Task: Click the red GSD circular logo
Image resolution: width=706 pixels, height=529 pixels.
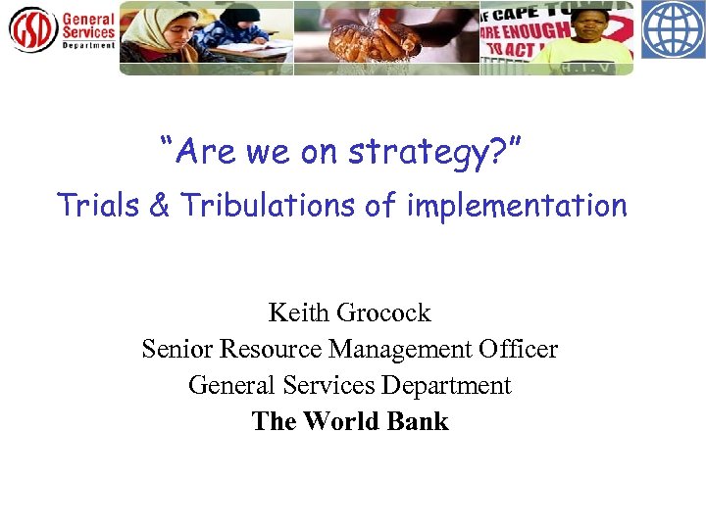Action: [31, 29]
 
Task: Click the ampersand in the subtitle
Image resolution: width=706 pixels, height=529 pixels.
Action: [156, 206]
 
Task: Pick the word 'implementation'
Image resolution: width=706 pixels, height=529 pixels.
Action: [515, 206]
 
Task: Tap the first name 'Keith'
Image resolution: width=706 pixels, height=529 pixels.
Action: [299, 313]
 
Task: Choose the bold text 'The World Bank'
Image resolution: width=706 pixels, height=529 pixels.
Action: [350, 421]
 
